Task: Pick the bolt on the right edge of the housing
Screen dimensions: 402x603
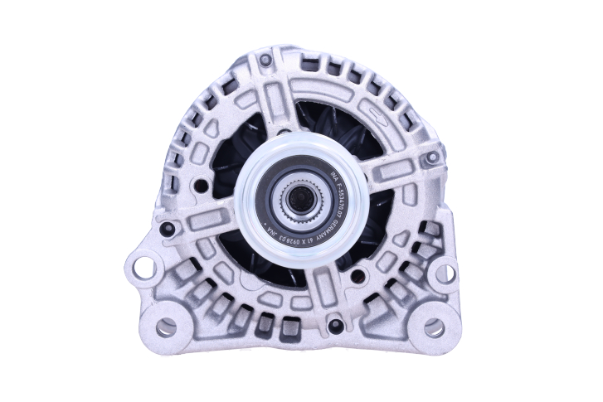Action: click(430, 157)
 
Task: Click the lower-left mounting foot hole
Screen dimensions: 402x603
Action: click(166, 327)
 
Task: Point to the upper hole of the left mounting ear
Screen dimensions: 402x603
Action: click(144, 268)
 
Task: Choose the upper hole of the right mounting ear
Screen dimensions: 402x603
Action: click(445, 273)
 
